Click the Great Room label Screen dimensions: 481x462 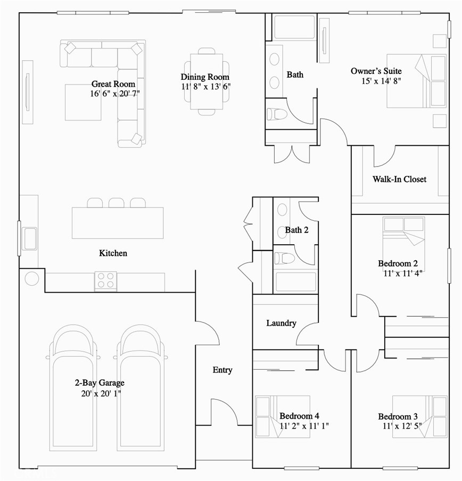click(113, 84)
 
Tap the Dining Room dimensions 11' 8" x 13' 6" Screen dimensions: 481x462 click(205, 86)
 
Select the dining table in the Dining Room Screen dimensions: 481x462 click(206, 81)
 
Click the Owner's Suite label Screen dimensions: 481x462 click(376, 71)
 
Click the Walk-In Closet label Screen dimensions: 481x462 click(399, 179)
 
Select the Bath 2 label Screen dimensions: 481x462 click(296, 230)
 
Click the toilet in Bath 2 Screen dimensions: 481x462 click(284, 258)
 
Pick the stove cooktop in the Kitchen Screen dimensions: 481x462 click(105, 280)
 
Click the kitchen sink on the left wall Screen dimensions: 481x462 click(29, 238)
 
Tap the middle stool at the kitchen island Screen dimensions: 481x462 click(116, 203)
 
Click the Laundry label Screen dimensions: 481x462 click(281, 323)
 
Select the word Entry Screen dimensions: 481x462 click(222, 370)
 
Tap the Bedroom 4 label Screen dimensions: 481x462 click(299, 416)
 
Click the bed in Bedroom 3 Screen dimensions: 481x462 click(419, 416)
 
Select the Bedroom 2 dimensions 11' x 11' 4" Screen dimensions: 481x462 click(403, 273)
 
